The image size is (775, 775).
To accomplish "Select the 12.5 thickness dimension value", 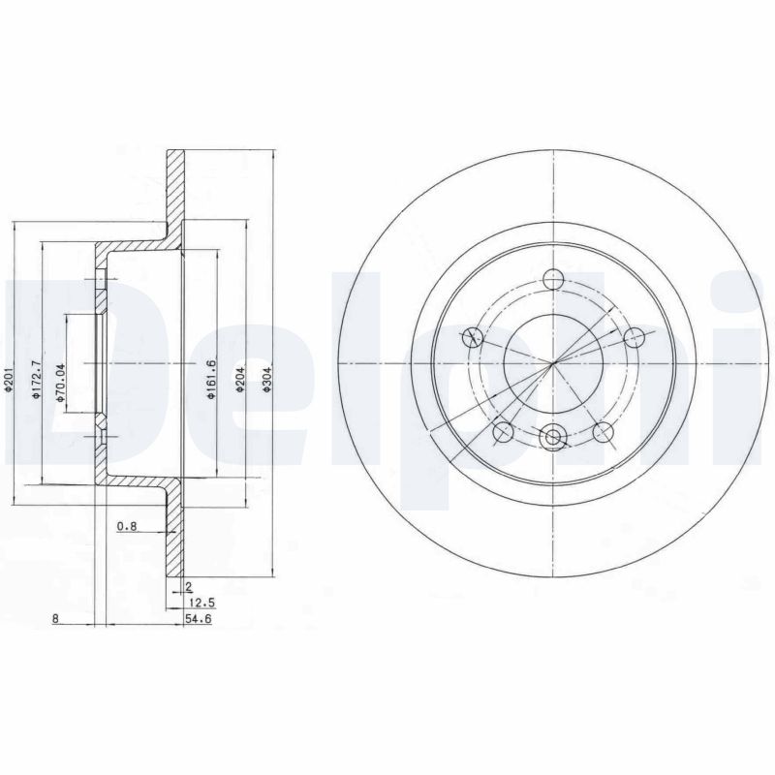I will click(x=199, y=601).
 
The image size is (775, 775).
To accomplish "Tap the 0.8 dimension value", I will click(x=126, y=527).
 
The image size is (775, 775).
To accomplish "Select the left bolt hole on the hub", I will click(x=473, y=337).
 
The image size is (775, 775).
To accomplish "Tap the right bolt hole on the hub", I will click(x=635, y=336).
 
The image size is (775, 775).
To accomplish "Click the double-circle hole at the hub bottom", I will click(x=553, y=438).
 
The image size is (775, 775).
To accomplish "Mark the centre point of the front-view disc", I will click(x=553, y=363).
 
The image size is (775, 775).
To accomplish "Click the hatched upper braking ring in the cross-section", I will click(x=173, y=189).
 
